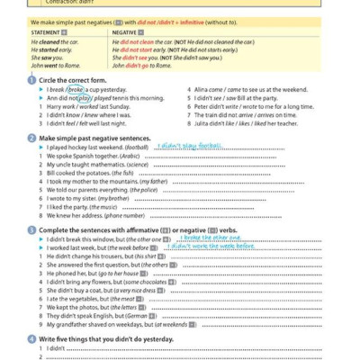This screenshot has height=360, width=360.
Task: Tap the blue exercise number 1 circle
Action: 32,80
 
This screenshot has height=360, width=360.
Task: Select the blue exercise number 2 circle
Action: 32,138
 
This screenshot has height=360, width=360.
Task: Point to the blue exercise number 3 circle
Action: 32,229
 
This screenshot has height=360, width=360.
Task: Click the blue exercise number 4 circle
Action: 32,337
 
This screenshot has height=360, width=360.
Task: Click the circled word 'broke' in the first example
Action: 76,90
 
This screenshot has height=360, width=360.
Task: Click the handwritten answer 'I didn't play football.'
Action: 188,145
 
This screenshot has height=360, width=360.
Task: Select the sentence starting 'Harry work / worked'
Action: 86,106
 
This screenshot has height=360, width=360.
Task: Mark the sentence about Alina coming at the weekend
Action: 251,90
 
